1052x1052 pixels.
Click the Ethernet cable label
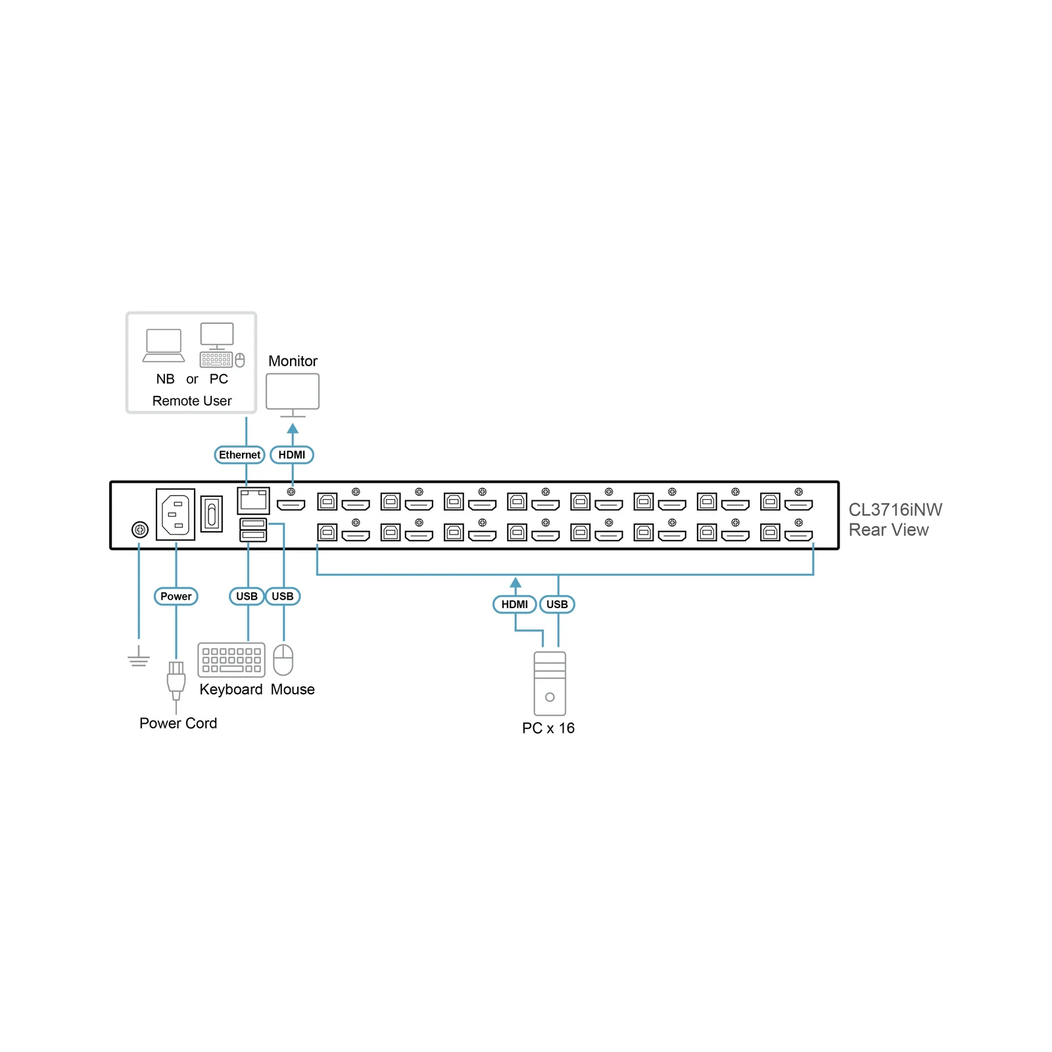(239, 454)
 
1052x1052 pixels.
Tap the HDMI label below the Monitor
(292, 454)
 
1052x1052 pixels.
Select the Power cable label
(176, 596)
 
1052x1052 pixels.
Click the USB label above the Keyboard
(247, 596)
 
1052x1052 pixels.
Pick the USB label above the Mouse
(283, 596)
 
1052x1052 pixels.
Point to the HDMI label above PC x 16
(515, 604)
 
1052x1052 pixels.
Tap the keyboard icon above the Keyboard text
(231, 659)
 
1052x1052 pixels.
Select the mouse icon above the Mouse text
(283, 659)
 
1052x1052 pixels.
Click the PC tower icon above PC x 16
(550, 683)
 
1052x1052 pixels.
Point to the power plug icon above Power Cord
(176, 684)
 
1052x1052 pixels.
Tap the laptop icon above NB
(164, 345)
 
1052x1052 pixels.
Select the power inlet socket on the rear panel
(176, 514)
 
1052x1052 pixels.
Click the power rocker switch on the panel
(212, 514)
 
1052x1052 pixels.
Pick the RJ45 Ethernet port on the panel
(253, 501)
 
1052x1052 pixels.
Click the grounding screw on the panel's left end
(140, 529)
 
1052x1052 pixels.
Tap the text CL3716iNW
(895, 510)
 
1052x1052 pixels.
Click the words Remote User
(192, 400)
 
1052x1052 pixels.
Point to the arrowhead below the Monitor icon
(293, 429)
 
